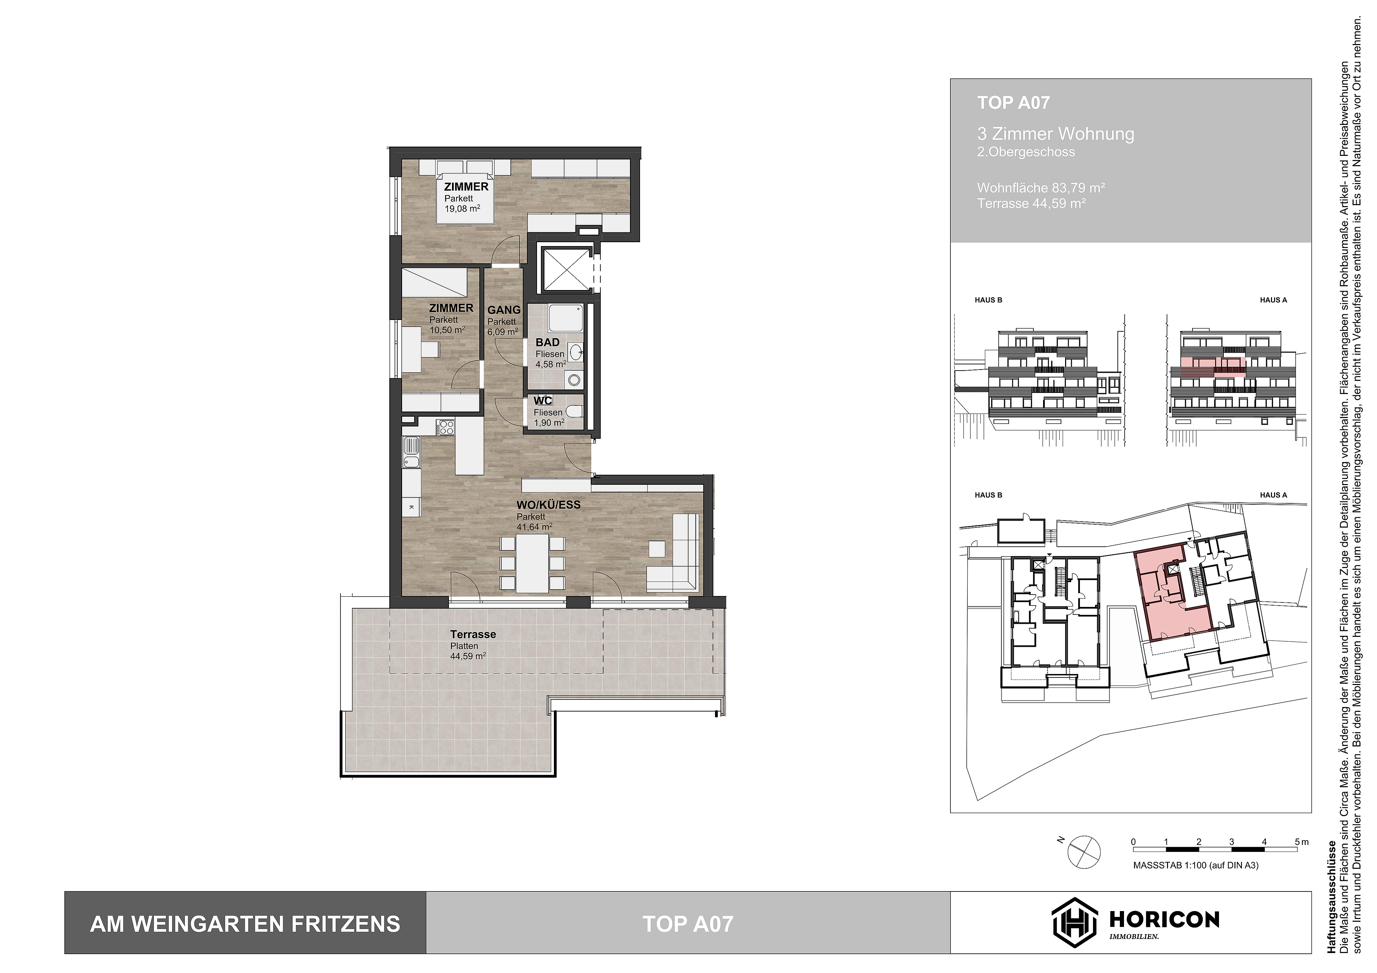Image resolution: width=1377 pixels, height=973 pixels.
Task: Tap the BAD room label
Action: pyautogui.click(x=547, y=342)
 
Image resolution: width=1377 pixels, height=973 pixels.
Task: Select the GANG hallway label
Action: pyautogui.click(x=504, y=310)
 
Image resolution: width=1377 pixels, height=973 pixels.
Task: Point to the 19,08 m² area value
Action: pyautogui.click(x=462, y=209)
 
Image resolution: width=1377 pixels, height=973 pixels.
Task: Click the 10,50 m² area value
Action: pyautogui.click(x=447, y=330)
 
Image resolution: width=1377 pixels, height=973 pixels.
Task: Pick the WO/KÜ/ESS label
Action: pyautogui.click(x=548, y=505)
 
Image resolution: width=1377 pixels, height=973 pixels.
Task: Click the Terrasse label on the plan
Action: pyautogui.click(x=473, y=634)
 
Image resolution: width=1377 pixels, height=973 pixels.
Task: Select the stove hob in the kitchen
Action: pyautogui.click(x=446, y=427)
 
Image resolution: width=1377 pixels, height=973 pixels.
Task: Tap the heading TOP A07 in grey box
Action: pyautogui.click(x=1013, y=103)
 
